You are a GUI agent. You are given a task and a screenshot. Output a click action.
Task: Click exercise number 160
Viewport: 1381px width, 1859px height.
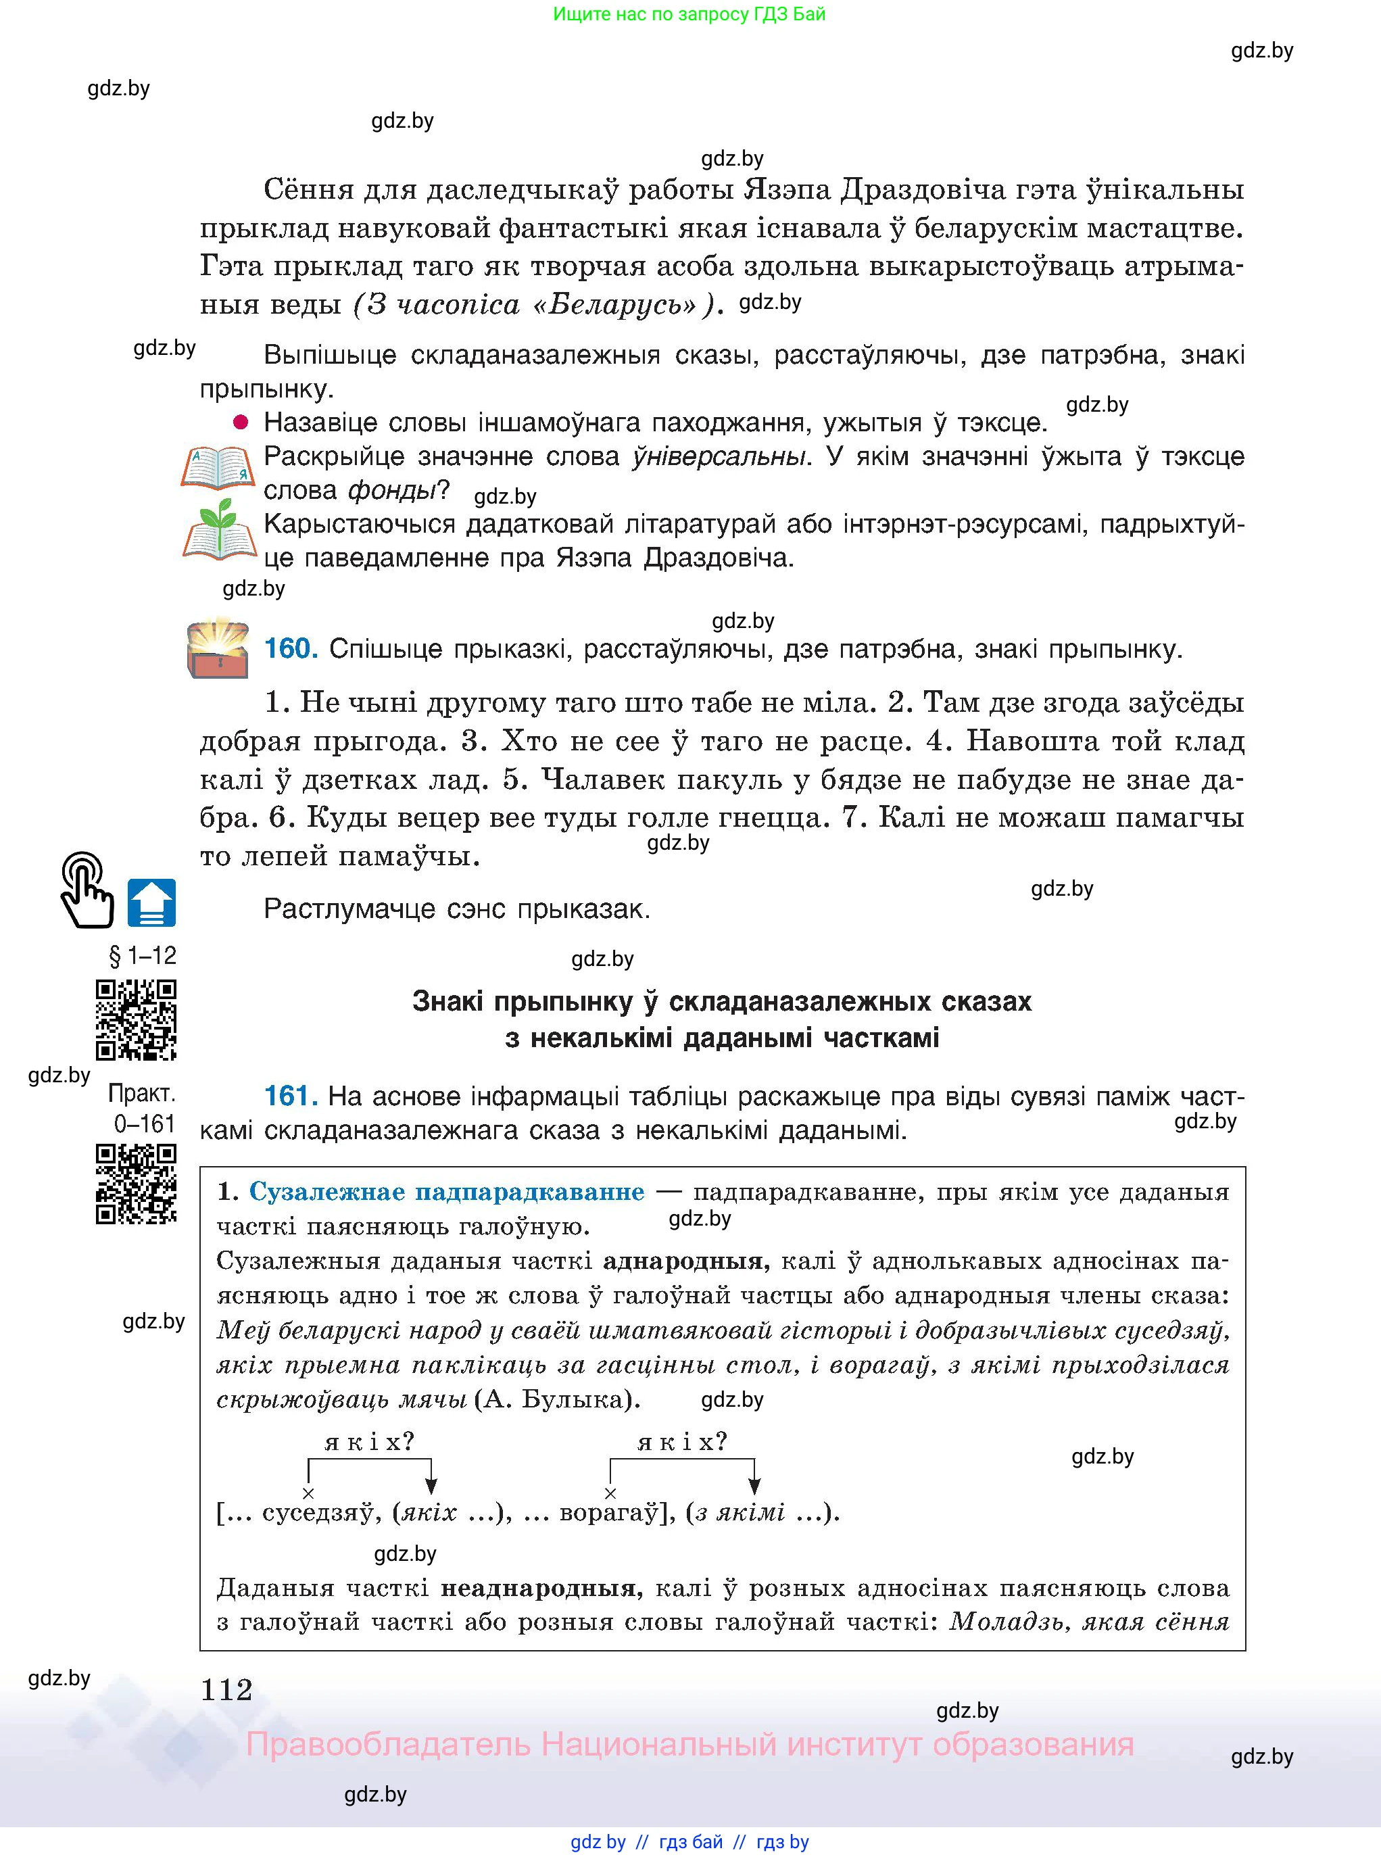point(290,649)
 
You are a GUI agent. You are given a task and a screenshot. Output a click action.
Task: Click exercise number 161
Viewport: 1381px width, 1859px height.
point(290,1095)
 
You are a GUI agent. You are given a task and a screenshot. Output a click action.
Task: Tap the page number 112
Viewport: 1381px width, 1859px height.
point(226,1689)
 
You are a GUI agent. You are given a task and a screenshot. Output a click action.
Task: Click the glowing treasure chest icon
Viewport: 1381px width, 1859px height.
point(218,647)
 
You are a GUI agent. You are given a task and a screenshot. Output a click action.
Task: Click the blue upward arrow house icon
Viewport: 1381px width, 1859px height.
point(151,902)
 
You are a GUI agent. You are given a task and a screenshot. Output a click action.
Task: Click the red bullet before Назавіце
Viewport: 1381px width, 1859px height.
point(241,422)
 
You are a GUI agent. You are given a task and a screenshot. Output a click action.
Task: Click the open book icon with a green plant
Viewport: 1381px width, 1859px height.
point(218,531)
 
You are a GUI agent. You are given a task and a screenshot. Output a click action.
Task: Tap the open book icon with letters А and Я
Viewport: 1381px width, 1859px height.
point(218,467)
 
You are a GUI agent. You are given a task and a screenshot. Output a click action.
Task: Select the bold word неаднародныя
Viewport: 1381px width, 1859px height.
point(541,1587)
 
